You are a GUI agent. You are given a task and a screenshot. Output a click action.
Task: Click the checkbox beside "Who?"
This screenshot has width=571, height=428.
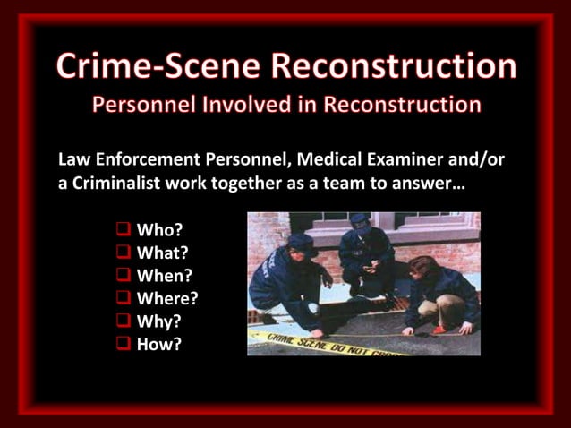coord(124,232)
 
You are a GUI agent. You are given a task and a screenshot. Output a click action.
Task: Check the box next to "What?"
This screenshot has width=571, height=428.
coord(124,254)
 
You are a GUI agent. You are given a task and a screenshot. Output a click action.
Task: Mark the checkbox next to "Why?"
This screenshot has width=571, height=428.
coord(124,321)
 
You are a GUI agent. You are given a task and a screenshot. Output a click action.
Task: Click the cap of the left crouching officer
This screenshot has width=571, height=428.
coord(300,242)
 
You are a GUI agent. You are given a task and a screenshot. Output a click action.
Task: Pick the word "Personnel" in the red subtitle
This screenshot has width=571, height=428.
coord(141,104)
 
